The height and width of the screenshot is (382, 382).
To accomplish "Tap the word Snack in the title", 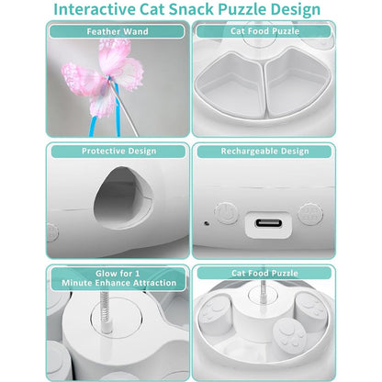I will pos(215,10).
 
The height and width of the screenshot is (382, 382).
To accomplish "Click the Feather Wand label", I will pos(117,31).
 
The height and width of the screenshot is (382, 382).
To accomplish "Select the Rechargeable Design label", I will pos(265,152).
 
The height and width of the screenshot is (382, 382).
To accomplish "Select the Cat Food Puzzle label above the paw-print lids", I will pos(265,273).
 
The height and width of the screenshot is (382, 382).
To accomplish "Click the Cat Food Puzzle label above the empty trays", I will pos(265,31).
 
